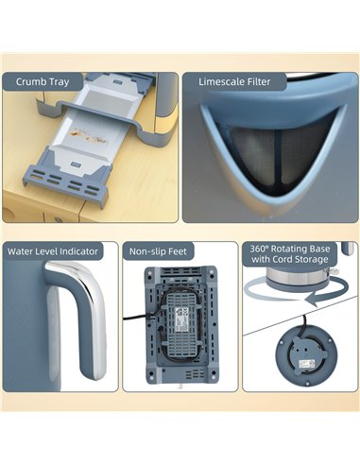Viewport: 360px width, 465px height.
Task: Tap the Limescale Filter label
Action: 234,82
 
